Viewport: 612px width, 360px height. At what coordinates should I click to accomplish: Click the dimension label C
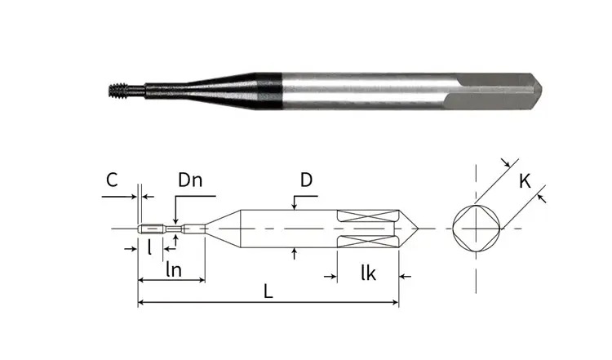pos(112,180)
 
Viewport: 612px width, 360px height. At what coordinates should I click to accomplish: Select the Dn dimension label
pos(190,180)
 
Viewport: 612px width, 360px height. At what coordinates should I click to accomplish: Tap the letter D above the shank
pos(306,180)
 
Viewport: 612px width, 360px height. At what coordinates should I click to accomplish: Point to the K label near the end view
pos(525,181)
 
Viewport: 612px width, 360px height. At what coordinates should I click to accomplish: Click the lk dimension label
pos(369,273)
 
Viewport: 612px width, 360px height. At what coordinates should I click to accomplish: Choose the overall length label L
pos(268,291)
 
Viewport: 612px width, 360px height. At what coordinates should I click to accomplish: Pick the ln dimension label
pos(174,269)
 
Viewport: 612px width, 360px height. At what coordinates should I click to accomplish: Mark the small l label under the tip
pos(149,247)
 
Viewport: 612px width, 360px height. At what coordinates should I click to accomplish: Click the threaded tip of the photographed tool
pos(118,91)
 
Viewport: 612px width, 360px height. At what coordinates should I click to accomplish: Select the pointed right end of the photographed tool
pos(536,91)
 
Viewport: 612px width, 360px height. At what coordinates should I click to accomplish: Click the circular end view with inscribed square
pos(477,229)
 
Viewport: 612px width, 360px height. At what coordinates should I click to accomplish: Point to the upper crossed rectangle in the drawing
pos(368,216)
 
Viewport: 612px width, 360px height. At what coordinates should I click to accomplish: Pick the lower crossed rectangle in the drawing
pos(368,242)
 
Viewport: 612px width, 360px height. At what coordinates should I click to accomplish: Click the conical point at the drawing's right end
pos(408,229)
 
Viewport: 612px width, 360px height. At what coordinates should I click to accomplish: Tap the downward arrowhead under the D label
pos(295,207)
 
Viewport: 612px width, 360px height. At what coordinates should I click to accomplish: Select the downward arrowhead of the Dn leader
pos(175,221)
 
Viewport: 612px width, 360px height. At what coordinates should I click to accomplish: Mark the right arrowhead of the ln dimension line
pos(202,280)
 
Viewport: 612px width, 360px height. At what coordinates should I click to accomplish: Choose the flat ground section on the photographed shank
pos(492,91)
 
